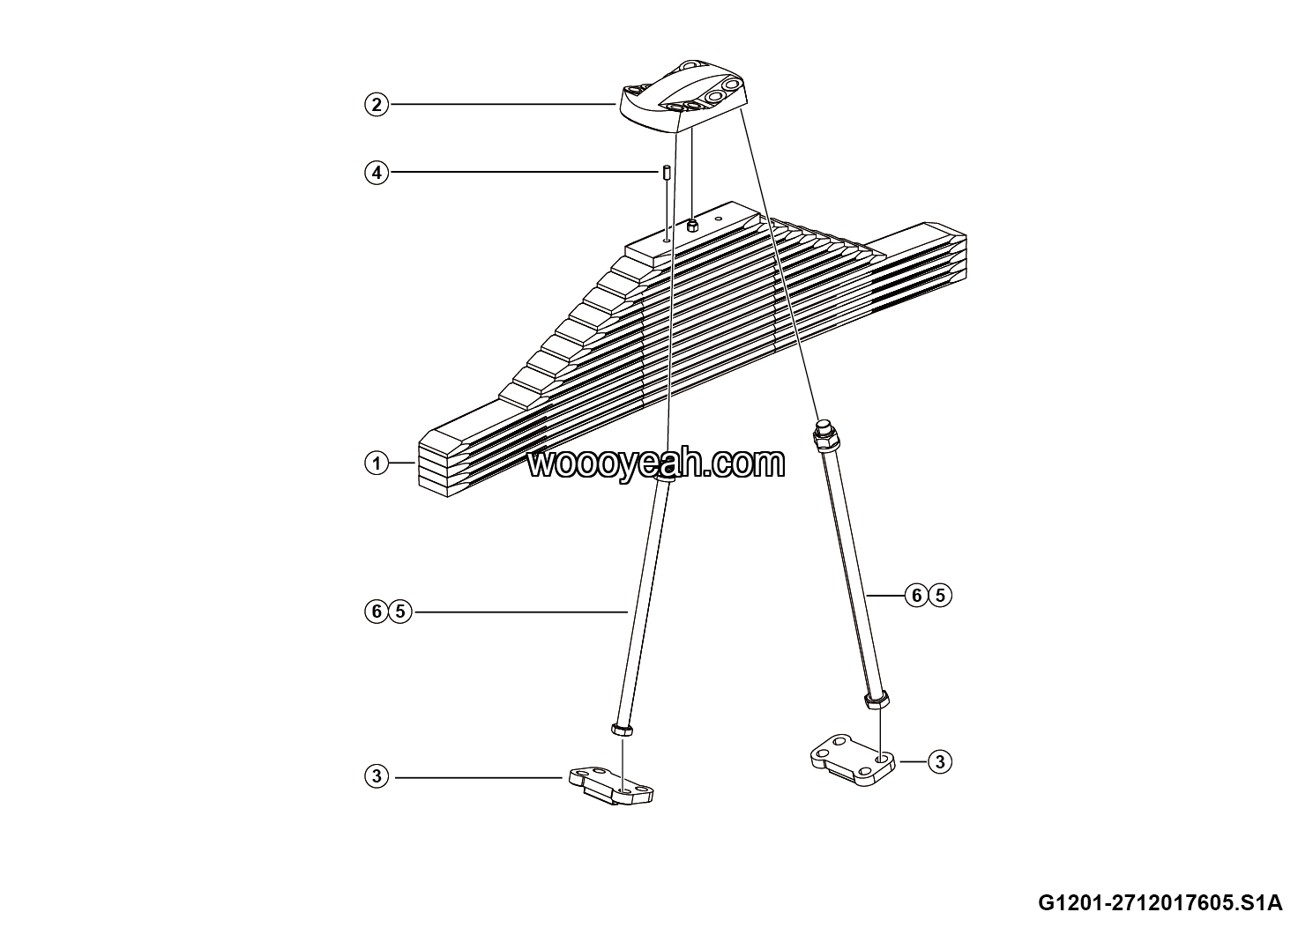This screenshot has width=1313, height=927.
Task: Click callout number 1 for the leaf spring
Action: pyautogui.click(x=377, y=463)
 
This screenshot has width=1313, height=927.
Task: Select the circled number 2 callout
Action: pyautogui.click(x=377, y=105)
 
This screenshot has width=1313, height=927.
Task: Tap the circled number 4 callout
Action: pyautogui.click(x=377, y=172)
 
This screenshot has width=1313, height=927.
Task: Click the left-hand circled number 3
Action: pyautogui.click(x=377, y=777)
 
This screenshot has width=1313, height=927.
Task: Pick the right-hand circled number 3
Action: pyautogui.click(x=940, y=761)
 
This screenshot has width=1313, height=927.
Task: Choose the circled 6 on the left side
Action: pyautogui.click(x=377, y=611)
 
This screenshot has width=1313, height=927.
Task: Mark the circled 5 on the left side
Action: pyautogui.click(x=400, y=611)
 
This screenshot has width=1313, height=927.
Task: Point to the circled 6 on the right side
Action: pyautogui.click(x=917, y=597)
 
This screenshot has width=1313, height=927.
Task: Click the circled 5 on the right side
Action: pyautogui.click(x=940, y=597)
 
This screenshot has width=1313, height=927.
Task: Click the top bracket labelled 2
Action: pyautogui.click(x=683, y=97)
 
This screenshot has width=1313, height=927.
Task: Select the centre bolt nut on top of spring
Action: pyautogui.click(x=693, y=226)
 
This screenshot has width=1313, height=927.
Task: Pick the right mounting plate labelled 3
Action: pyautogui.click(x=852, y=760)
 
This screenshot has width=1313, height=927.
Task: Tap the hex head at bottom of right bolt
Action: pyautogui.click(x=877, y=701)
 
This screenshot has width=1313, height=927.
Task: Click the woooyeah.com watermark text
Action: pyautogui.click(x=656, y=463)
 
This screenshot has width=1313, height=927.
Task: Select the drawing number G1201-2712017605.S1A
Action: pyautogui.click(x=1160, y=903)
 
